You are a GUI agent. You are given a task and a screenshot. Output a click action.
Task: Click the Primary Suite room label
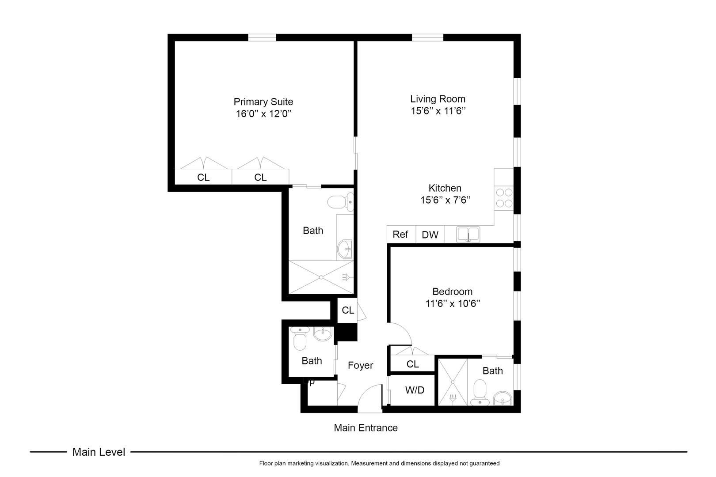tap(263, 102)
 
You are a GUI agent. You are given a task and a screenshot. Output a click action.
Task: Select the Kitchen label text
tap(445, 188)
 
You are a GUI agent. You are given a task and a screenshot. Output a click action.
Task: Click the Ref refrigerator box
tap(401, 235)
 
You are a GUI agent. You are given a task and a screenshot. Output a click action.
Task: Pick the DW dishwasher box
tap(430, 235)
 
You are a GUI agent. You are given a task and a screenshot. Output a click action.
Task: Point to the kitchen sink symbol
tap(468, 234)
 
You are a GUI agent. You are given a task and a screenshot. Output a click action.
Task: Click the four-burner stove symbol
tap(504, 198)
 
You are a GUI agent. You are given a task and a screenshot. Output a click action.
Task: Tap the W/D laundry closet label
tap(414, 390)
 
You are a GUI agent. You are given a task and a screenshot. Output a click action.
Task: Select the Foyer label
tap(360, 365)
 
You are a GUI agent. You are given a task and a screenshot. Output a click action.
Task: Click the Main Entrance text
tap(366, 428)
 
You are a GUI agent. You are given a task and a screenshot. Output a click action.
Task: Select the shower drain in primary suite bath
tap(322, 277)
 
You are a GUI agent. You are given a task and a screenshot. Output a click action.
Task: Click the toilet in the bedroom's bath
tap(479, 393)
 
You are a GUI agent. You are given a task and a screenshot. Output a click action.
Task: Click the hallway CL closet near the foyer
tap(348, 310)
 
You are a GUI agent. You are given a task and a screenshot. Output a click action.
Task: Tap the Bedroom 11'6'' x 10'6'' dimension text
tap(452, 304)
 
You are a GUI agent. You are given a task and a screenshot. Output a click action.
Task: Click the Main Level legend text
tap(99, 452)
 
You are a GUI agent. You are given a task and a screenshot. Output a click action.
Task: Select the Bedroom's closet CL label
tap(412, 364)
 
